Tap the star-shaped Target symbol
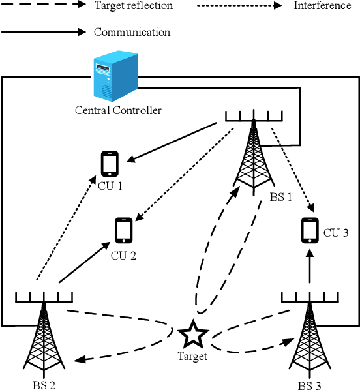(x=194, y=335)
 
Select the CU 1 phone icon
(x=110, y=163)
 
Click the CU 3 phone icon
(x=310, y=230)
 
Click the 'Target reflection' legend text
(x=134, y=6)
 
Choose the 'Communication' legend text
(x=132, y=32)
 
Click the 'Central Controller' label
(x=117, y=110)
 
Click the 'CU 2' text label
(x=123, y=255)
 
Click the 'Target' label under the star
(x=192, y=356)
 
